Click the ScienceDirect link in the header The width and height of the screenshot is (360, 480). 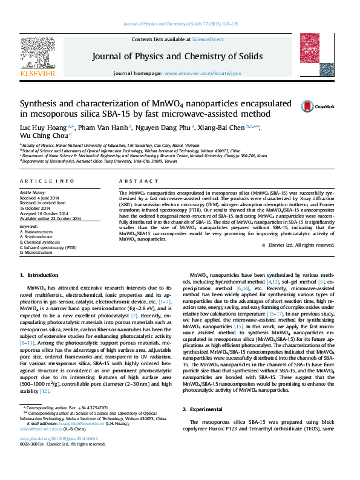point(208,39)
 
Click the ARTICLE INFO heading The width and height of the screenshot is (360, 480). point(47,181)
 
